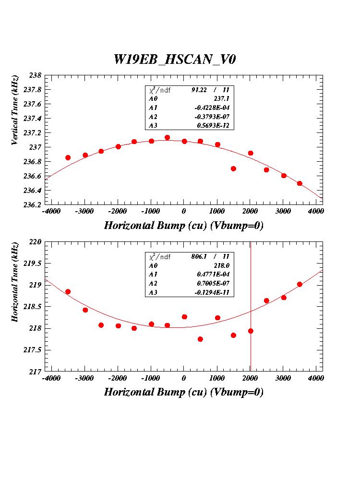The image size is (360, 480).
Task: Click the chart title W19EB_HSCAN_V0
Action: tap(175, 59)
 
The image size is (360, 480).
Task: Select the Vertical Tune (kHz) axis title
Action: tap(16, 110)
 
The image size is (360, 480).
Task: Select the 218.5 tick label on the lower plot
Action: tap(32, 307)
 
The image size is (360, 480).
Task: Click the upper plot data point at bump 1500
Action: tap(233, 168)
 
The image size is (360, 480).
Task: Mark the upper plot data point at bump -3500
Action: tap(68, 157)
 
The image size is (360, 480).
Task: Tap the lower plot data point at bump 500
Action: tap(200, 339)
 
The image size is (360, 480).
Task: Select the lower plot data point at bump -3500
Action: tap(68, 292)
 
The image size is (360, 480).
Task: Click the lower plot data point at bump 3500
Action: tap(300, 284)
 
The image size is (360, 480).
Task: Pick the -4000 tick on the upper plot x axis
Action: tap(51, 212)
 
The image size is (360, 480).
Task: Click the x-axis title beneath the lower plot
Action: tap(184, 392)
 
